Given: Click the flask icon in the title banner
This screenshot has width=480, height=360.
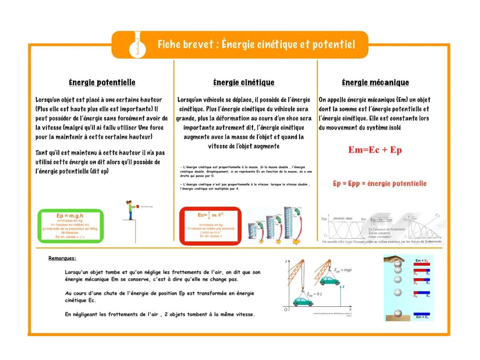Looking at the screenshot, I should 138,45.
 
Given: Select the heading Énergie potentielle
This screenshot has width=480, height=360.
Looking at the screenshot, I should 102,83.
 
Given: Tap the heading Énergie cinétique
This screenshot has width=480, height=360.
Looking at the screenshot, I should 244,83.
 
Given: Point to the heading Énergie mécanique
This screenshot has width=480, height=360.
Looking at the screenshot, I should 376,83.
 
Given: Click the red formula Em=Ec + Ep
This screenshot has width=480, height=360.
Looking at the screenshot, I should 375,150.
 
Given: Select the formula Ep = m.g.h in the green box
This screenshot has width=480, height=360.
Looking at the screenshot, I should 70,216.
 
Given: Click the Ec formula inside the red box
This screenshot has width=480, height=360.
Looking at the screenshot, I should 210,215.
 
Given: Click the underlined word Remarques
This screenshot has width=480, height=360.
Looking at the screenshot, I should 62,258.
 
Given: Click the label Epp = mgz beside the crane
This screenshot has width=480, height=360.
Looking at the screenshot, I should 343,270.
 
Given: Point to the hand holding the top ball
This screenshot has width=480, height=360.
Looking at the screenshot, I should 395,258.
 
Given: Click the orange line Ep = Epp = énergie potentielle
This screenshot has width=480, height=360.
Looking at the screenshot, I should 380,184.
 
